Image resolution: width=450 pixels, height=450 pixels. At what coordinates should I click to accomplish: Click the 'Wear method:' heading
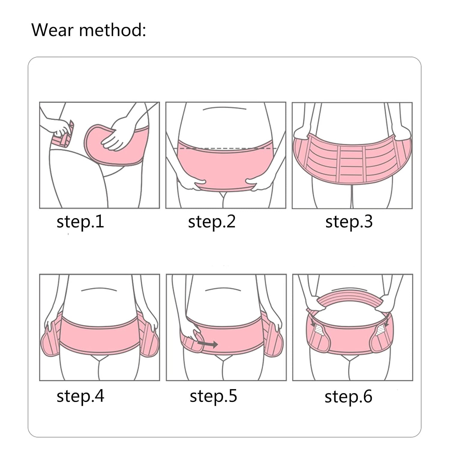coord(89,30)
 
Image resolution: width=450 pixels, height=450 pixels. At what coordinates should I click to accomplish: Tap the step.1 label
coord(80,222)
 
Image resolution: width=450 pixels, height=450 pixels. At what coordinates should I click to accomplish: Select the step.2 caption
coord(211,222)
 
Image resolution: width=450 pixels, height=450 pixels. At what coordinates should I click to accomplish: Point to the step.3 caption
coord(349,222)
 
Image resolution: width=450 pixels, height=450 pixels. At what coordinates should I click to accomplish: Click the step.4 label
coord(80,396)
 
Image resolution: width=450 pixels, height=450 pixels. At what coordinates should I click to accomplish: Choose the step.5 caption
coord(213,396)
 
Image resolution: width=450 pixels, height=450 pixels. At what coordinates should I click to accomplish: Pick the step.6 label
coord(348,397)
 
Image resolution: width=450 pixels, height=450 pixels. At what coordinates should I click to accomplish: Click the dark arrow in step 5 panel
coord(207,344)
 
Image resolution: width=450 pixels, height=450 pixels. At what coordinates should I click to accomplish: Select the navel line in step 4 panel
coord(99,289)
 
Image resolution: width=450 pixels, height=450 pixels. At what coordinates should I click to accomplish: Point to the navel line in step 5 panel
coord(223,289)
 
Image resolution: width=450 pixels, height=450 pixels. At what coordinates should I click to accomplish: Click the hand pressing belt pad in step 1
coord(119,133)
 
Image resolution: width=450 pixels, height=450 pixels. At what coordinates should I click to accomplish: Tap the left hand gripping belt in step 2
coord(195,185)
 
